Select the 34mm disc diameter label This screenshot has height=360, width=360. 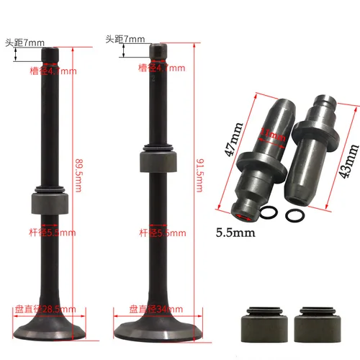click(157, 308)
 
